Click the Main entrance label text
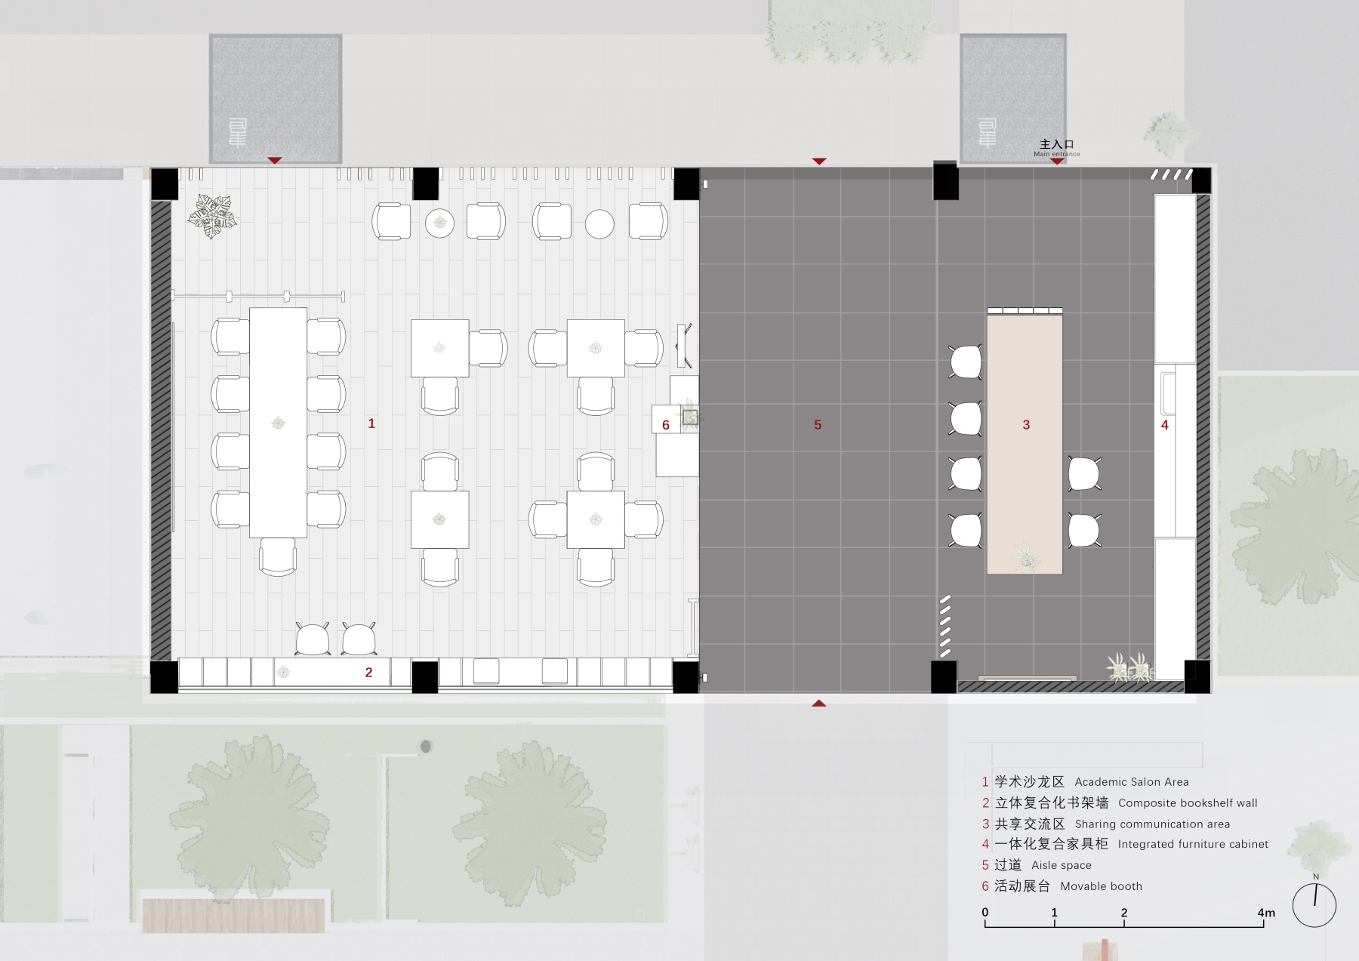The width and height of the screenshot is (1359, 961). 1056,154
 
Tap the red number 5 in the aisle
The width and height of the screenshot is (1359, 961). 818,425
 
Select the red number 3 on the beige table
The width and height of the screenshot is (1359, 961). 1026,425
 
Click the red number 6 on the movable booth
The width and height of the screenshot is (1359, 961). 666,425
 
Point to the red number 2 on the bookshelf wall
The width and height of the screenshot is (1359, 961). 369,673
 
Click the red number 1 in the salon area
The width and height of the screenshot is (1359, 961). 371,424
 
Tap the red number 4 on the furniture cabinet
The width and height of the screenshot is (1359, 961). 1165,425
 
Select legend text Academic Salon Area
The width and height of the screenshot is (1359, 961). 1132,782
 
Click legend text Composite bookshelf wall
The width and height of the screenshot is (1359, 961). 1188,803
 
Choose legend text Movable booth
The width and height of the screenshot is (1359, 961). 1102,886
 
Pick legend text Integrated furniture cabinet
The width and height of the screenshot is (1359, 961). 1193,844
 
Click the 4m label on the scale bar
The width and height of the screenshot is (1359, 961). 1266,913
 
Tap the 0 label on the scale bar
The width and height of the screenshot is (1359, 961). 985,912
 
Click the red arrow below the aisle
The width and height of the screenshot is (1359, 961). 819,704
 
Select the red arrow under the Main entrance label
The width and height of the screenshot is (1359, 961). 1057,162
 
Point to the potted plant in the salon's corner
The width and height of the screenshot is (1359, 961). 212,216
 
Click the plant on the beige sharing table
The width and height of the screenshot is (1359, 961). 1026,556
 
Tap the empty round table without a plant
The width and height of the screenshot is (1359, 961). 599,224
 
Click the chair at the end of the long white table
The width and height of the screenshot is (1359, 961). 278,557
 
